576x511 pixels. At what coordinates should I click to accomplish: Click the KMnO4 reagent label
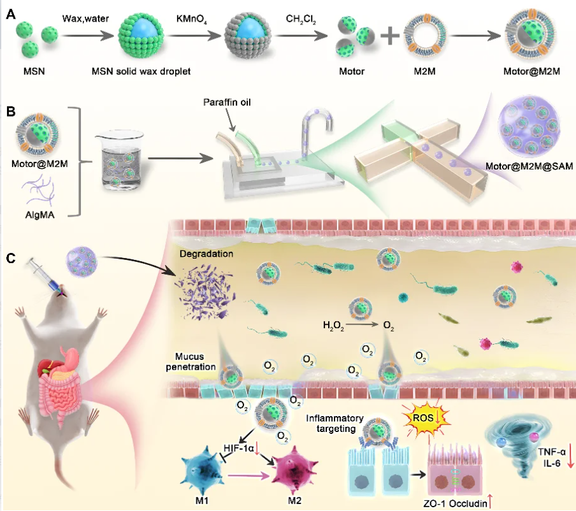pyautogui.click(x=191, y=19)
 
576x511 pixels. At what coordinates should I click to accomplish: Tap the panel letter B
pyautogui.click(x=11, y=112)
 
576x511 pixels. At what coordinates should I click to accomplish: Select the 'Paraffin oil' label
pyautogui.click(x=227, y=102)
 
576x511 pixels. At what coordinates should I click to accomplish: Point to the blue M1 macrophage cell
pyautogui.click(x=202, y=470)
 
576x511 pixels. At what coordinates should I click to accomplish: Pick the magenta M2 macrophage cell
pyautogui.click(x=294, y=470)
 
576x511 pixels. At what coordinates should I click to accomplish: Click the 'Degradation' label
pyautogui.click(x=206, y=254)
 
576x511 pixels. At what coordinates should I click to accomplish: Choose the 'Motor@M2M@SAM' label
pyautogui.click(x=529, y=166)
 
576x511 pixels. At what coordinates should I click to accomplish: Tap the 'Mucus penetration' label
pyautogui.click(x=191, y=361)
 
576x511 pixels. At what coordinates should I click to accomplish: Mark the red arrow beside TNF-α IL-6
pyautogui.click(x=570, y=456)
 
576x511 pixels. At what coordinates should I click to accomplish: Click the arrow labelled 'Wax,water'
pyautogui.click(x=88, y=36)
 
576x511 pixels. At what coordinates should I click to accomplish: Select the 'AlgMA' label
pyautogui.click(x=40, y=215)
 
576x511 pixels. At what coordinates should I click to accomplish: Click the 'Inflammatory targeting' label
pyautogui.click(x=335, y=423)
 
